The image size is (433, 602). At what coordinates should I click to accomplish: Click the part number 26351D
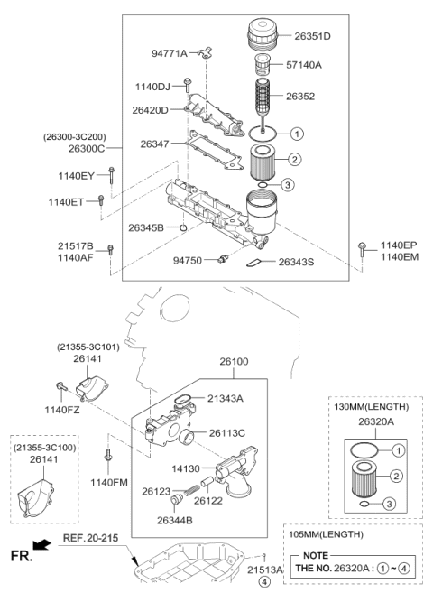312,36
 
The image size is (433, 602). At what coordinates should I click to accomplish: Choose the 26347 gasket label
156,144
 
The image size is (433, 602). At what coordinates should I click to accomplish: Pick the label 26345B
146,228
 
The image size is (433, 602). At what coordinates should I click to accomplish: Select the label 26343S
297,263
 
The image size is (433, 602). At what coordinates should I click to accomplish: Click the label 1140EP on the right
399,245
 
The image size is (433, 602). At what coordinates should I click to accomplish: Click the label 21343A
226,398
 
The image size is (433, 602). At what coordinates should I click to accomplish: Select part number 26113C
227,432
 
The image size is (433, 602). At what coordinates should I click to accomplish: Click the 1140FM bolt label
107,483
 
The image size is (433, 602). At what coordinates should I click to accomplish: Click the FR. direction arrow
38,544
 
